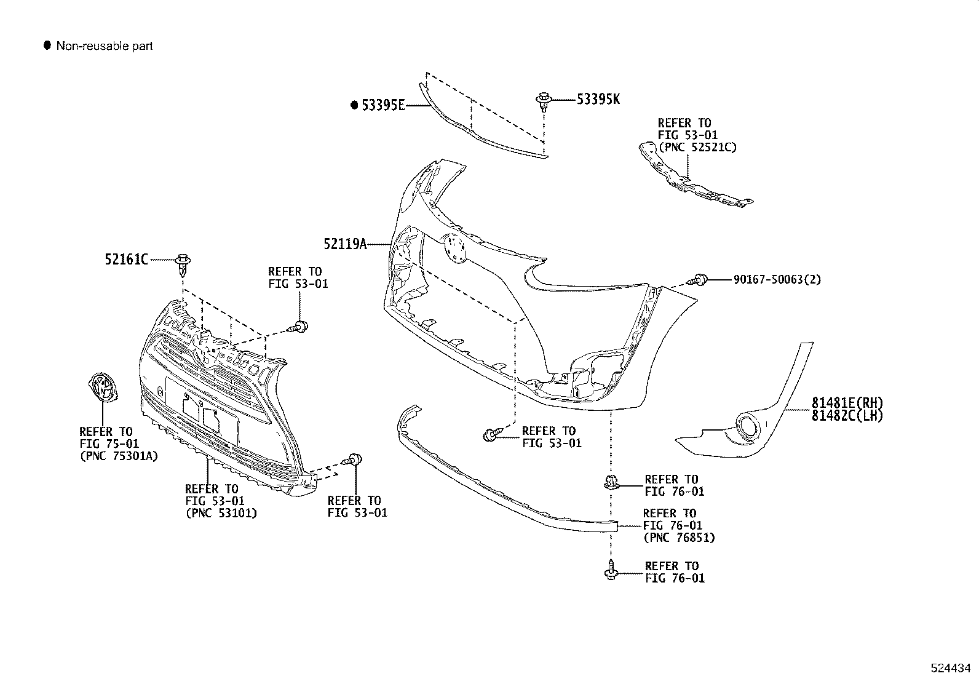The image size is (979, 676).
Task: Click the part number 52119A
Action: click(x=344, y=245)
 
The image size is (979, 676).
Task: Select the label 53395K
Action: click(x=598, y=99)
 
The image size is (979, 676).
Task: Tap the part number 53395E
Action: click(x=382, y=105)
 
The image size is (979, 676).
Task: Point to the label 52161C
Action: click(x=126, y=260)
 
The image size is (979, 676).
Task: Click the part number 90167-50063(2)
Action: click(x=777, y=280)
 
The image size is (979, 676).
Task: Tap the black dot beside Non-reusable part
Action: click(x=47, y=46)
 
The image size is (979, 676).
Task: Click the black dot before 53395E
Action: click(x=354, y=105)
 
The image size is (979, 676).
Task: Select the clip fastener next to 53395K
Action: click(x=543, y=100)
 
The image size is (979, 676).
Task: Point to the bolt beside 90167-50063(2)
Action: click(x=699, y=280)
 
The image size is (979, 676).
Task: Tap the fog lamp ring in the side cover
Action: click(x=748, y=426)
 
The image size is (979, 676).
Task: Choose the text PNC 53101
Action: click(x=221, y=513)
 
